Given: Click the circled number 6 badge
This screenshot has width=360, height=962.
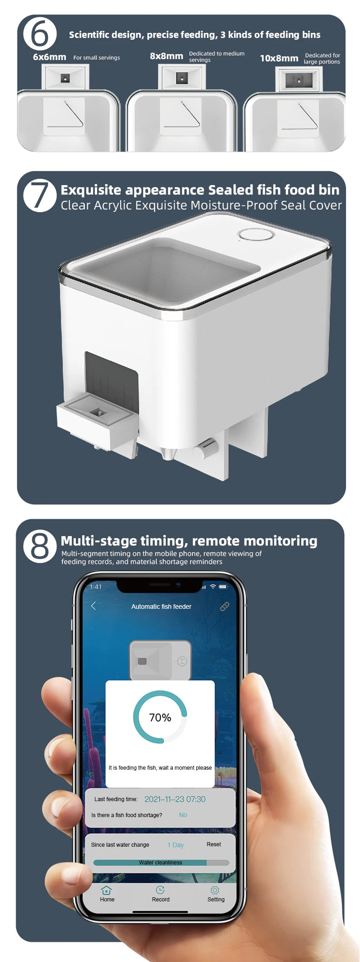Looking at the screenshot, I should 40,34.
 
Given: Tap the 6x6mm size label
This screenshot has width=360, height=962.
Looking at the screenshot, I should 49,57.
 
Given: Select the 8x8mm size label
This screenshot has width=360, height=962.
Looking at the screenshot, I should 166,56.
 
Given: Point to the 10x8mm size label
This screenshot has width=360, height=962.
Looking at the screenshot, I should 279,58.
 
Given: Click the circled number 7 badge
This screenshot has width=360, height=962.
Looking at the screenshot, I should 40,195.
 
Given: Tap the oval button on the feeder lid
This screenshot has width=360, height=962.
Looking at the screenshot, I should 257,235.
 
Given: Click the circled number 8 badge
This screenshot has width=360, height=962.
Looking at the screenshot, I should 40,546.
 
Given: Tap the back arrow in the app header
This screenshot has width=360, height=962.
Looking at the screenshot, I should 93,606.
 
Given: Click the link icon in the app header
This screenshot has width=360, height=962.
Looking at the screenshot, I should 225,606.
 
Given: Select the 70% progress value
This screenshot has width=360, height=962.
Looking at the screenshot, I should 160,718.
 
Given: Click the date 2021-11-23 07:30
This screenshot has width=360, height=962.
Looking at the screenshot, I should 175,799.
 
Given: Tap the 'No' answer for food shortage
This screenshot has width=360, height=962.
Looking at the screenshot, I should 183,815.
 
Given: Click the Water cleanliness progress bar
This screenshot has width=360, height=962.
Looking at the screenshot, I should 161,862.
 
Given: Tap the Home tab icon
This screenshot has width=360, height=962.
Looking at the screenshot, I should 107,890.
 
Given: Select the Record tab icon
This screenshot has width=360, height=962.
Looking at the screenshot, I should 160,890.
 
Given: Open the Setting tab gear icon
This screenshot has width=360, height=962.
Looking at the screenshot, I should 215,890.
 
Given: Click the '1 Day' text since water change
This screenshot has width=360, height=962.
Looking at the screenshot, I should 175,845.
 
